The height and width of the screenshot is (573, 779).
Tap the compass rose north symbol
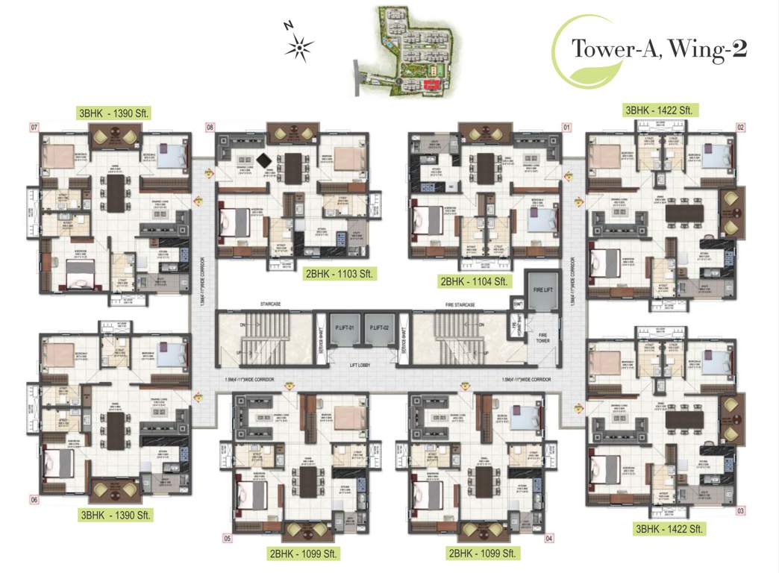click(x=298, y=48)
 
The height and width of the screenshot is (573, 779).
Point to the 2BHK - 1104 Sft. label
click(x=475, y=281)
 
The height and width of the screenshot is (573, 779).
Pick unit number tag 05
click(x=228, y=538)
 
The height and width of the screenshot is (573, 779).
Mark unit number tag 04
click(x=550, y=538)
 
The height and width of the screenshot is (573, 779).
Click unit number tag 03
click(x=741, y=511)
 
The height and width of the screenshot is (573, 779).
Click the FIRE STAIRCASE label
click(x=460, y=304)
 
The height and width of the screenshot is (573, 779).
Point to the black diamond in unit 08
click(x=263, y=158)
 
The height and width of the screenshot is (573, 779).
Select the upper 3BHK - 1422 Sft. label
click(x=660, y=110)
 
